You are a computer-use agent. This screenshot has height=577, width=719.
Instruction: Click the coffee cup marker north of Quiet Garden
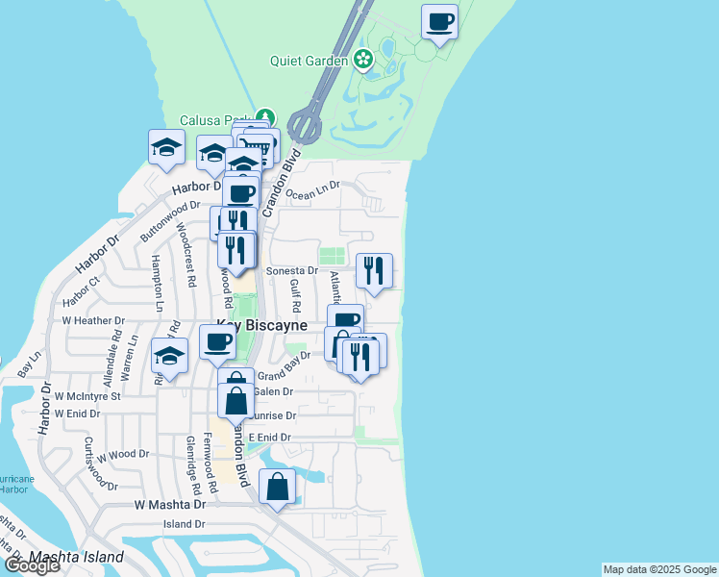(x=439, y=21)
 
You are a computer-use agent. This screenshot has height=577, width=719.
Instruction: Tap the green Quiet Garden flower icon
(x=362, y=60)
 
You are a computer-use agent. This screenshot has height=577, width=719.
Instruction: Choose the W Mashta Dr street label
(x=170, y=504)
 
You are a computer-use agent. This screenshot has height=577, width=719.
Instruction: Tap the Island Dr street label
(x=185, y=524)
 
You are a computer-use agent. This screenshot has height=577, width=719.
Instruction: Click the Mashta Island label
(x=77, y=557)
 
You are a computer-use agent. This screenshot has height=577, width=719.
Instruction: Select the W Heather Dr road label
(x=91, y=320)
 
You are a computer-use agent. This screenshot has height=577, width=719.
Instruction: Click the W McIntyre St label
(x=87, y=395)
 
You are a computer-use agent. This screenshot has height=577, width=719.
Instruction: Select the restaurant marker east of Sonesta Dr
(x=374, y=270)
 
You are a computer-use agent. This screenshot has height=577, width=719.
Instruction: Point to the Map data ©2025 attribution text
(x=659, y=569)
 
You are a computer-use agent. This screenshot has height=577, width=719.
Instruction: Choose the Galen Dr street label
(x=273, y=392)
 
